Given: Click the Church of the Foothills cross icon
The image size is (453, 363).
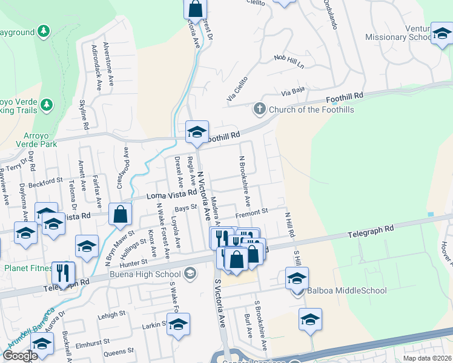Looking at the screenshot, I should pos(260,109).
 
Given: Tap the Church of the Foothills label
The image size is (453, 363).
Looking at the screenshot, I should pos(308,110).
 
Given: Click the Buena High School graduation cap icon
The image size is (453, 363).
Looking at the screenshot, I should pos(190,273).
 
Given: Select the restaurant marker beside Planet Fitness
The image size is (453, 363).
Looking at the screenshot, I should pos(62,273).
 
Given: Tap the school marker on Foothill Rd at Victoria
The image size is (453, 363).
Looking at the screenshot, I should pos(197,133).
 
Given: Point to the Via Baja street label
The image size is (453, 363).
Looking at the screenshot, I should pos(293,93).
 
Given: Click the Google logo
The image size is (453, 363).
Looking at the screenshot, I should pos(20,356).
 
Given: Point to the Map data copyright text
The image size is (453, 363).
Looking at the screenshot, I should pos(427,358).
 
